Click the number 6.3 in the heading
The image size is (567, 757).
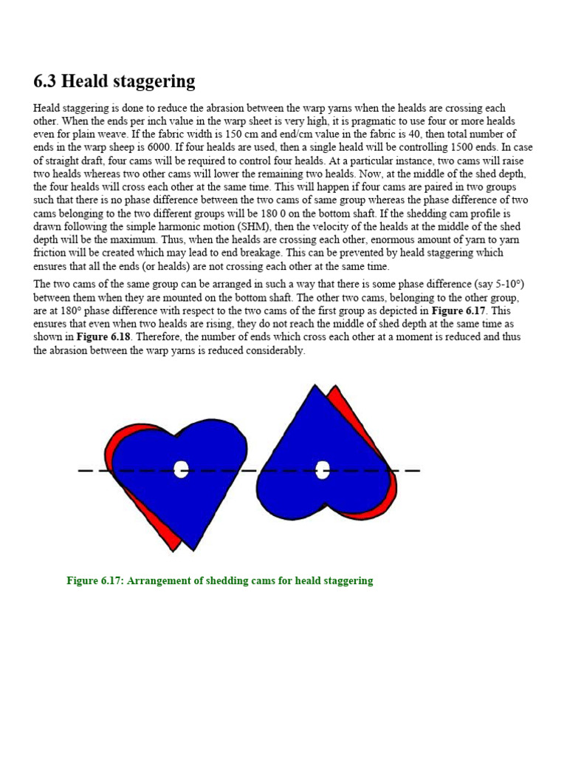tap(48, 81)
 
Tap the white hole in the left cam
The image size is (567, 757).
tap(182, 469)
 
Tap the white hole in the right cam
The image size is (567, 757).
tap(322, 469)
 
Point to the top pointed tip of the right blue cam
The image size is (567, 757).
tap(317, 387)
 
